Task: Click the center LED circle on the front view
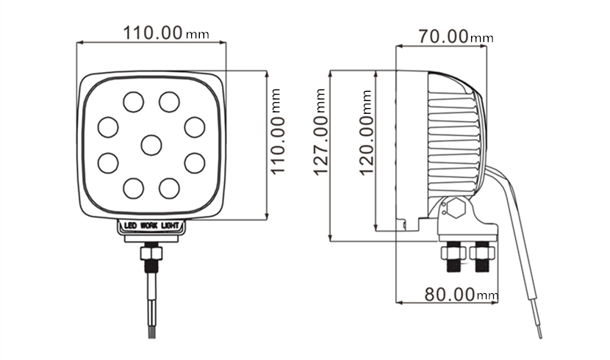coord(151,145)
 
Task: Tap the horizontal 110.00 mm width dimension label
coord(166,33)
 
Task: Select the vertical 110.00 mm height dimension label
coord(278,132)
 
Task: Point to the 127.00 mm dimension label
coord(321,132)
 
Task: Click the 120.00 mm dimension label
coord(367,133)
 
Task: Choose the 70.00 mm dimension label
coord(456,37)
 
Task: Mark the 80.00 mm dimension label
coord(461,295)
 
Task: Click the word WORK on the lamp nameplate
coord(150,226)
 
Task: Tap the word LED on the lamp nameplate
coord(130,226)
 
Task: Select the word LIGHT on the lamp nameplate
coord(171,226)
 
